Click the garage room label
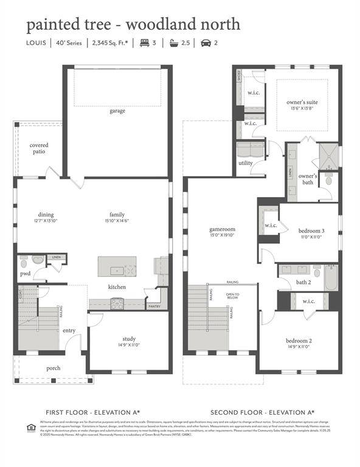[117, 111]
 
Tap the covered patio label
[39, 148]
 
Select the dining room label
[46, 215]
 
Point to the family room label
[117, 215]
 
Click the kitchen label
[117, 286]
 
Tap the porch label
[54, 368]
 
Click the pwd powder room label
[26, 274]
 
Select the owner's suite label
[302, 102]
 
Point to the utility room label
[246, 163]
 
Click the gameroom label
[222, 230]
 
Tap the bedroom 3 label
[311, 231]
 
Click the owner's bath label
[308, 179]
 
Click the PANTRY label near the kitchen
[154, 306]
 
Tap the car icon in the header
[205, 43]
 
